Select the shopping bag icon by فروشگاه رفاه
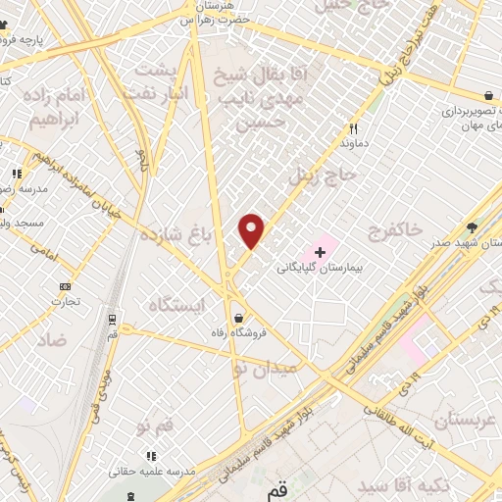tap(240, 318)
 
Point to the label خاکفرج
tap(395, 229)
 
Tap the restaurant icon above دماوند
tap(354, 129)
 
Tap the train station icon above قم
tap(111, 321)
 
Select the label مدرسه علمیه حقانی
tap(151, 472)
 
